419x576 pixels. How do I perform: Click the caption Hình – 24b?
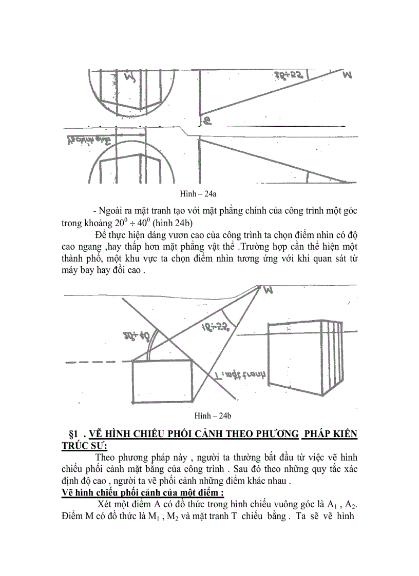coord(212,414)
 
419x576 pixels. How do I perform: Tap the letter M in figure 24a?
coord(348,75)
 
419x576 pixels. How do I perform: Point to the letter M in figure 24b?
coord(268,292)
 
